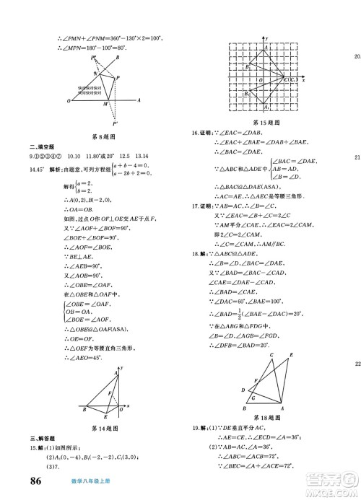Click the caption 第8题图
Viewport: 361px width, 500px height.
click(x=105, y=136)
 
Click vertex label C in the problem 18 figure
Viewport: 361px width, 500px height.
click(x=272, y=355)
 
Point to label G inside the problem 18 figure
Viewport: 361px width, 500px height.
click(x=252, y=397)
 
